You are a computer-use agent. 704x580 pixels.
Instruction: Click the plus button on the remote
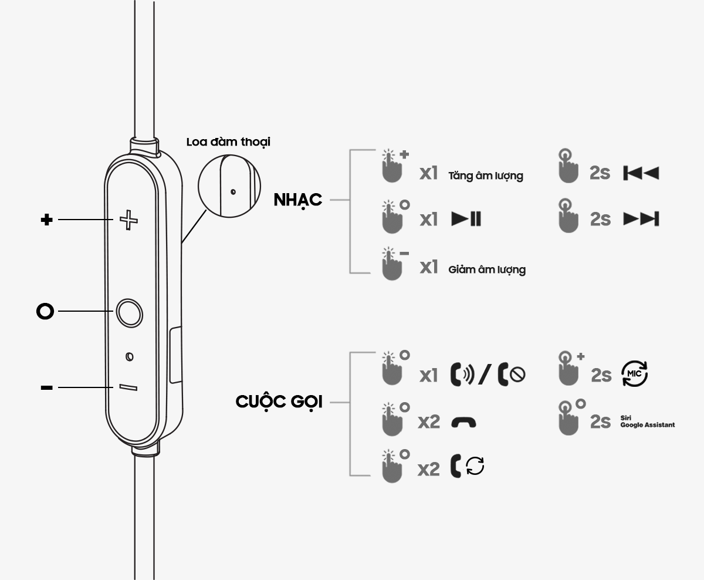[128, 220]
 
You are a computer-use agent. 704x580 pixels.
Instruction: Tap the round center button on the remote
[129, 312]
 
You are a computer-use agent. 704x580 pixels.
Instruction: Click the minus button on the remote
[128, 387]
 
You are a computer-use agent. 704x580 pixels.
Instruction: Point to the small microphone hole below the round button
[130, 356]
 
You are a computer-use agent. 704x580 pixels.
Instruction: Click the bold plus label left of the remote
[46, 220]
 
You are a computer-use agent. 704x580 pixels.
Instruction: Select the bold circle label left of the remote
[45, 311]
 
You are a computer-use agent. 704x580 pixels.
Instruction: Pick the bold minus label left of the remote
[47, 387]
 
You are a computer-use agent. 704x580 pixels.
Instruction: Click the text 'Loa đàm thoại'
[228, 142]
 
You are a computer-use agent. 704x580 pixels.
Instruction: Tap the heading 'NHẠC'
[298, 200]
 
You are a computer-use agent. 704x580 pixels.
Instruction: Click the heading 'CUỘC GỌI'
[279, 402]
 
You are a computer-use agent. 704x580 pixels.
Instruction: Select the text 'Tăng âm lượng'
[485, 176]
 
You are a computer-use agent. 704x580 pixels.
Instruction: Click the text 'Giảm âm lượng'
[487, 270]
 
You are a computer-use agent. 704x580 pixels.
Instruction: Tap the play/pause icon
[466, 219]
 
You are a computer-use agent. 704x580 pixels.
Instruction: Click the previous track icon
[641, 173]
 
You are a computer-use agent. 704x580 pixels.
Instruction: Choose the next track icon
[641, 219]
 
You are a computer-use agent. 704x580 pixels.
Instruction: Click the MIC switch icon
[634, 373]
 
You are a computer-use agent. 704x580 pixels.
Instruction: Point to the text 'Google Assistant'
[647, 424]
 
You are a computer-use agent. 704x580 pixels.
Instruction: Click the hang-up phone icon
[463, 422]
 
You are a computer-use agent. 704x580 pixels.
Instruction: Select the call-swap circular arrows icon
[475, 467]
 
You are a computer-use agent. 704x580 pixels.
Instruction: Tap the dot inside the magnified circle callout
[233, 191]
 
